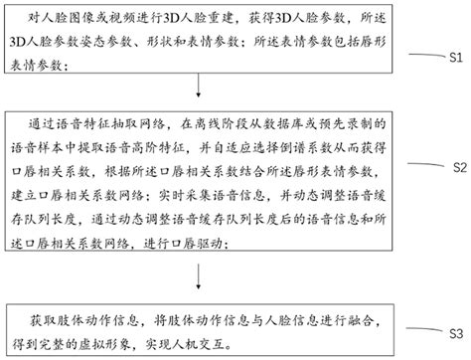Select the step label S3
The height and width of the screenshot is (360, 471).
click(456, 330)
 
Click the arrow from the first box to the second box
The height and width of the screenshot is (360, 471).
click(207, 94)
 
